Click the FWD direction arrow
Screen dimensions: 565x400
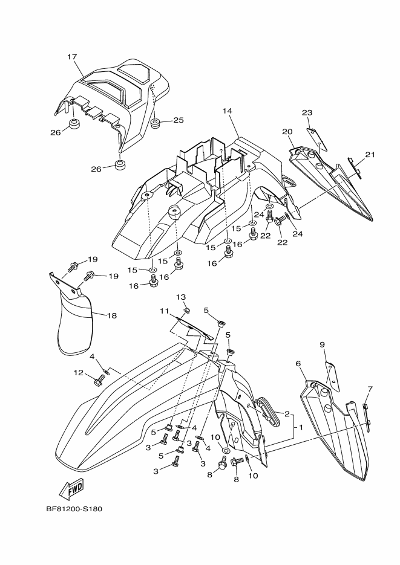(x=71, y=487)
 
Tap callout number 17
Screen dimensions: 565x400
(x=72, y=57)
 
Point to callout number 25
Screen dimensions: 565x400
(x=178, y=120)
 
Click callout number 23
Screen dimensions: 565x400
(x=307, y=112)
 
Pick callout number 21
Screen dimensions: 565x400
(x=370, y=155)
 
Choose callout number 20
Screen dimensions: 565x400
(x=287, y=131)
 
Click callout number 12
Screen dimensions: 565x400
(x=79, y=373)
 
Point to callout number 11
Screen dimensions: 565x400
(x=163, y=311)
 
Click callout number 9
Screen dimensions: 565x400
(x=323, y=344)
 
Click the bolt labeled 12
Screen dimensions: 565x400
(x=99, y=381)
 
